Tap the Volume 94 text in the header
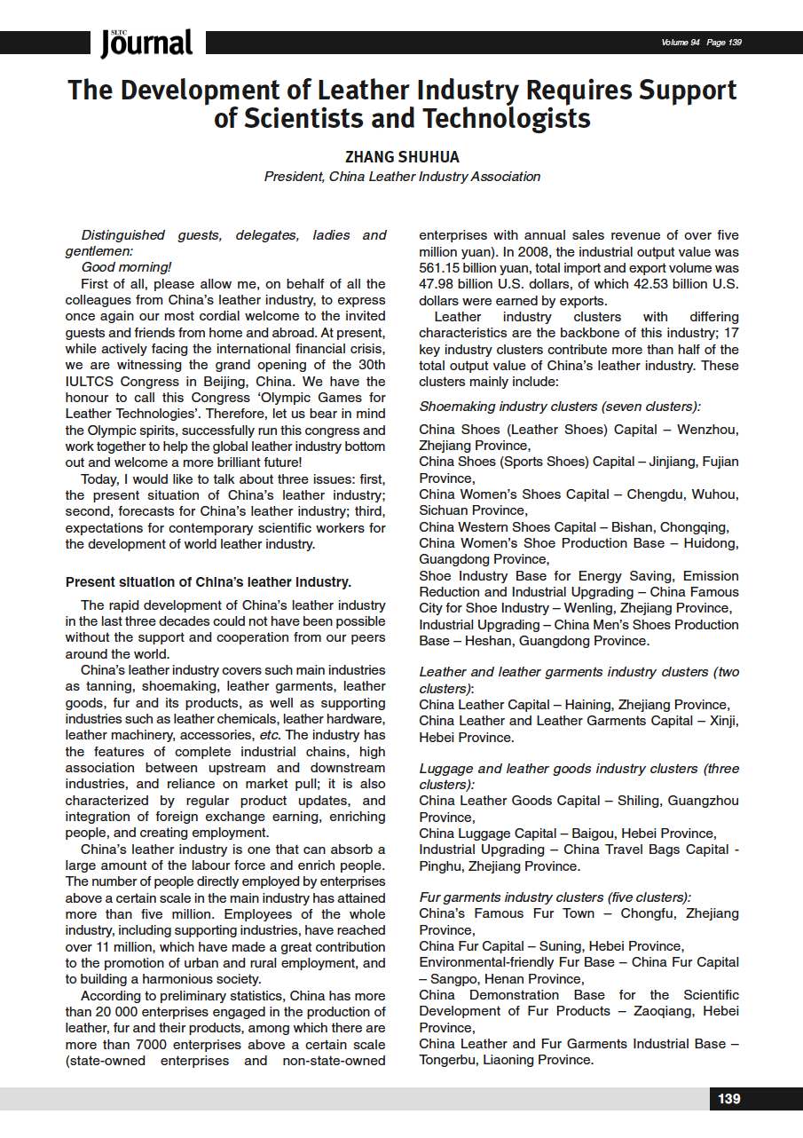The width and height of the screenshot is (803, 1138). (x=681, y=43)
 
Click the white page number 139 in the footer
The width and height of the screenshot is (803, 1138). (x=728, y=1099)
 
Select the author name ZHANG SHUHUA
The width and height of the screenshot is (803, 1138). (x=402, y=157)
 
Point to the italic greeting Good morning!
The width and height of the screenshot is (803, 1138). (x=126, y=267)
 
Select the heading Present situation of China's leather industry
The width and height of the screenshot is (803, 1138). (x=209, y=583)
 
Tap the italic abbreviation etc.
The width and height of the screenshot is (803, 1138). (x=296, y=735)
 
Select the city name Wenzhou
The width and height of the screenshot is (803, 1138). (x=707, y=430)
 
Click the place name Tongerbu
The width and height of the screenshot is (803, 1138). (x=450, y=1060)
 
